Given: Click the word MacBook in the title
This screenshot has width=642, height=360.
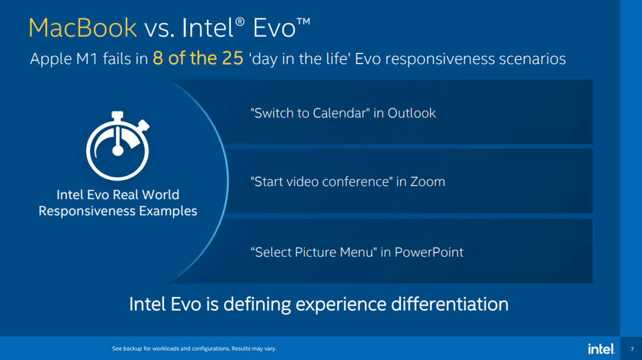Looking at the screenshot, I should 83,28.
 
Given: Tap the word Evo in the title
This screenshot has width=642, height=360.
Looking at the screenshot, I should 273,28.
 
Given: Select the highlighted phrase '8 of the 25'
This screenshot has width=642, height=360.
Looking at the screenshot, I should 198,59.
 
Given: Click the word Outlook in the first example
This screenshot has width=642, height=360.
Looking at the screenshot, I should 411,113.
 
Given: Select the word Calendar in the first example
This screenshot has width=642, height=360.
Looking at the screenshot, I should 337,113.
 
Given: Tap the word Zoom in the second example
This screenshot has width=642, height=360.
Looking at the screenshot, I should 427,182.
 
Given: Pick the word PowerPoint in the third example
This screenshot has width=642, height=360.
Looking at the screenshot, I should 429,252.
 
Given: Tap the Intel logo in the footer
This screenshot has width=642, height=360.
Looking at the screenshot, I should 601,349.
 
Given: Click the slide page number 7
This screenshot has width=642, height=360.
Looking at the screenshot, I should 632,349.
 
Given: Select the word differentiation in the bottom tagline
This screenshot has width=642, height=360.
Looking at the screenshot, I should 449,304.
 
